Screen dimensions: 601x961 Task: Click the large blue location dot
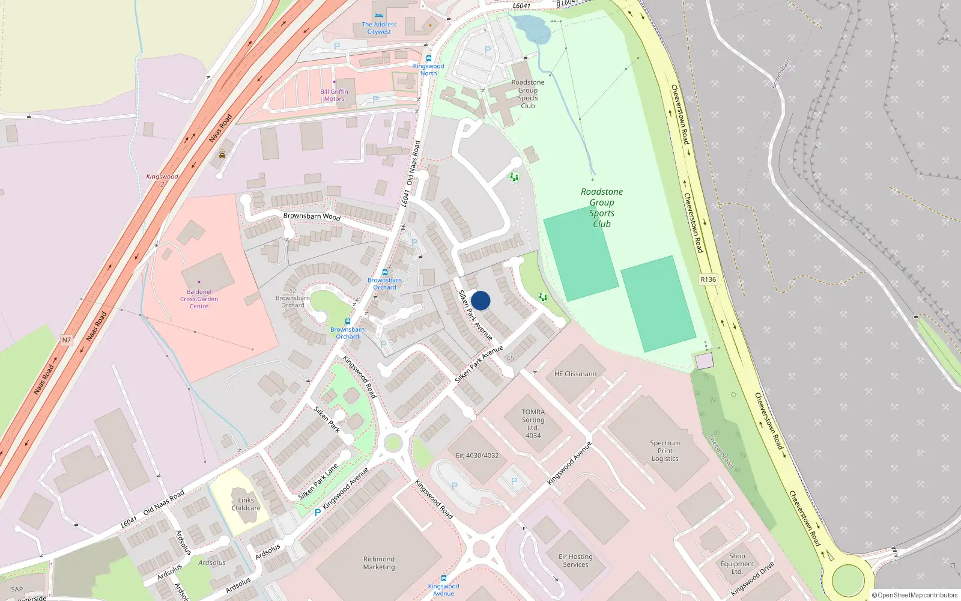480,300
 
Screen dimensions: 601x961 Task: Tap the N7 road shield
67,340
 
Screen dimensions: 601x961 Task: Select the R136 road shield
708,279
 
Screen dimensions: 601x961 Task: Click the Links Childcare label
246,504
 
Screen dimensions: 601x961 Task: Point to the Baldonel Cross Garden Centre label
199,299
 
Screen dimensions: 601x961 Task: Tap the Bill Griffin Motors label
334,95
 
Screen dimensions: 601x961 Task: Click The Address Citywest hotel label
379,28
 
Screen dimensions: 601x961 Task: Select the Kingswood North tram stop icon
428,58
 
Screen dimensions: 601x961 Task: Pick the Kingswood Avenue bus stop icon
443,578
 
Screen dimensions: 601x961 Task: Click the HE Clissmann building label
575,374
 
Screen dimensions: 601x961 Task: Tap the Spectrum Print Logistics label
665,451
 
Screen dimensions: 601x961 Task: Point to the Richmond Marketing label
379,563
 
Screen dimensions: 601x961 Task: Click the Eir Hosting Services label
575,560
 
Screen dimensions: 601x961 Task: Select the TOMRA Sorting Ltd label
533,424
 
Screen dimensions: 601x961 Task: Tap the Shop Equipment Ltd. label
737,564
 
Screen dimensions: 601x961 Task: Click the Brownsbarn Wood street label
312,216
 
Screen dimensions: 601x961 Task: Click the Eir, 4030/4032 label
477,456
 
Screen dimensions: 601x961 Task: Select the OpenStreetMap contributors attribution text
914,595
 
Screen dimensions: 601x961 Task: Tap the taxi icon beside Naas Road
222,154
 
